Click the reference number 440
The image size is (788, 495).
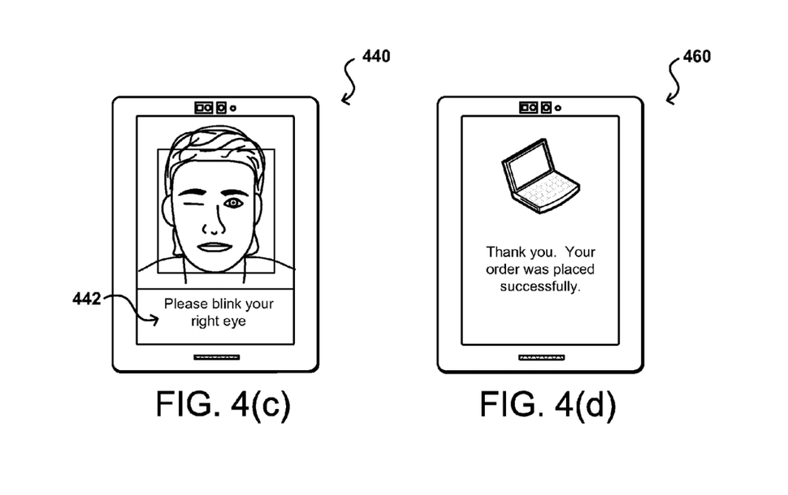375,57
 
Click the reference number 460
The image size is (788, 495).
696,57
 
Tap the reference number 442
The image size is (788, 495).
86,299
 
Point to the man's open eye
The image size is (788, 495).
234,201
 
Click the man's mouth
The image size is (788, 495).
215,247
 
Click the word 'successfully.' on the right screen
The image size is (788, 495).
540,286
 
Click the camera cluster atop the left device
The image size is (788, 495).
214,107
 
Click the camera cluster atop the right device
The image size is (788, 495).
539,107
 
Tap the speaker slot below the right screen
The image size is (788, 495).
540,357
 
